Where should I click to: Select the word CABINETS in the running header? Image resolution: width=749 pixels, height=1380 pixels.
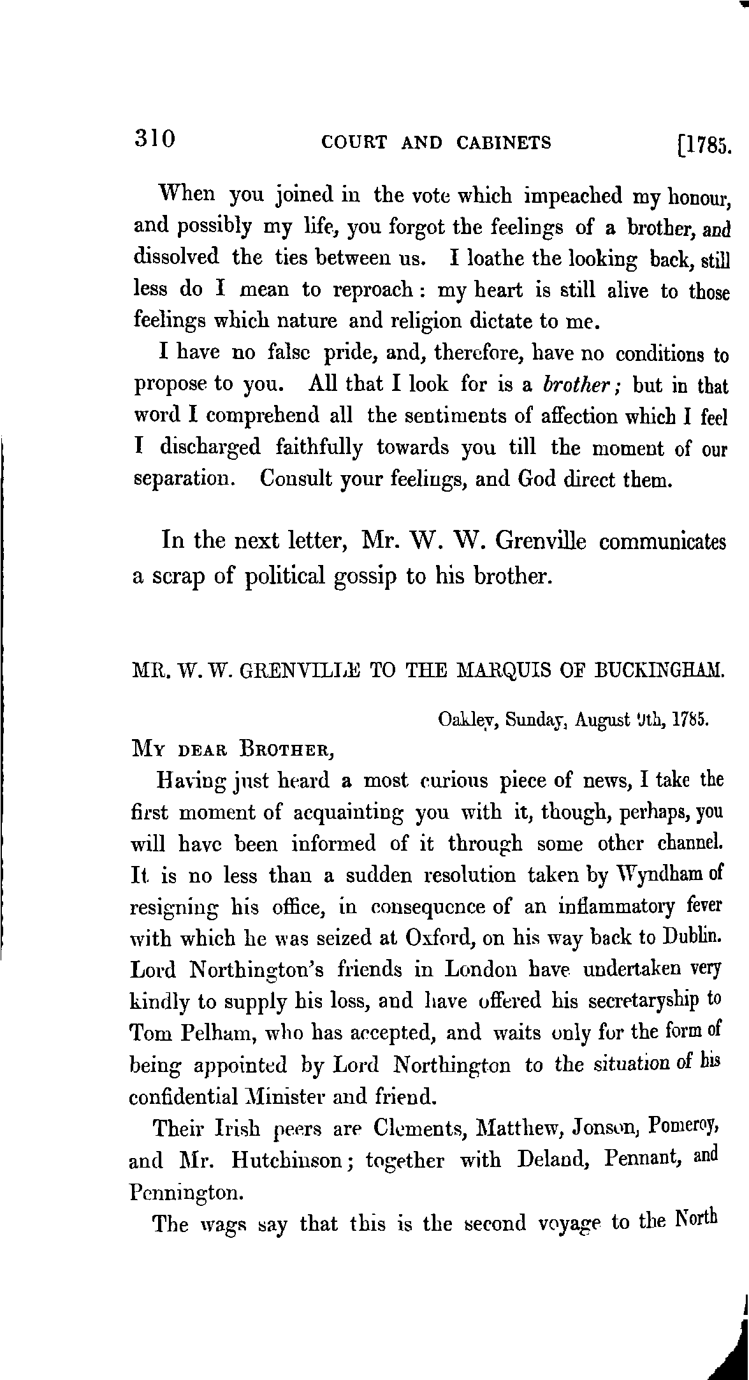504,142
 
